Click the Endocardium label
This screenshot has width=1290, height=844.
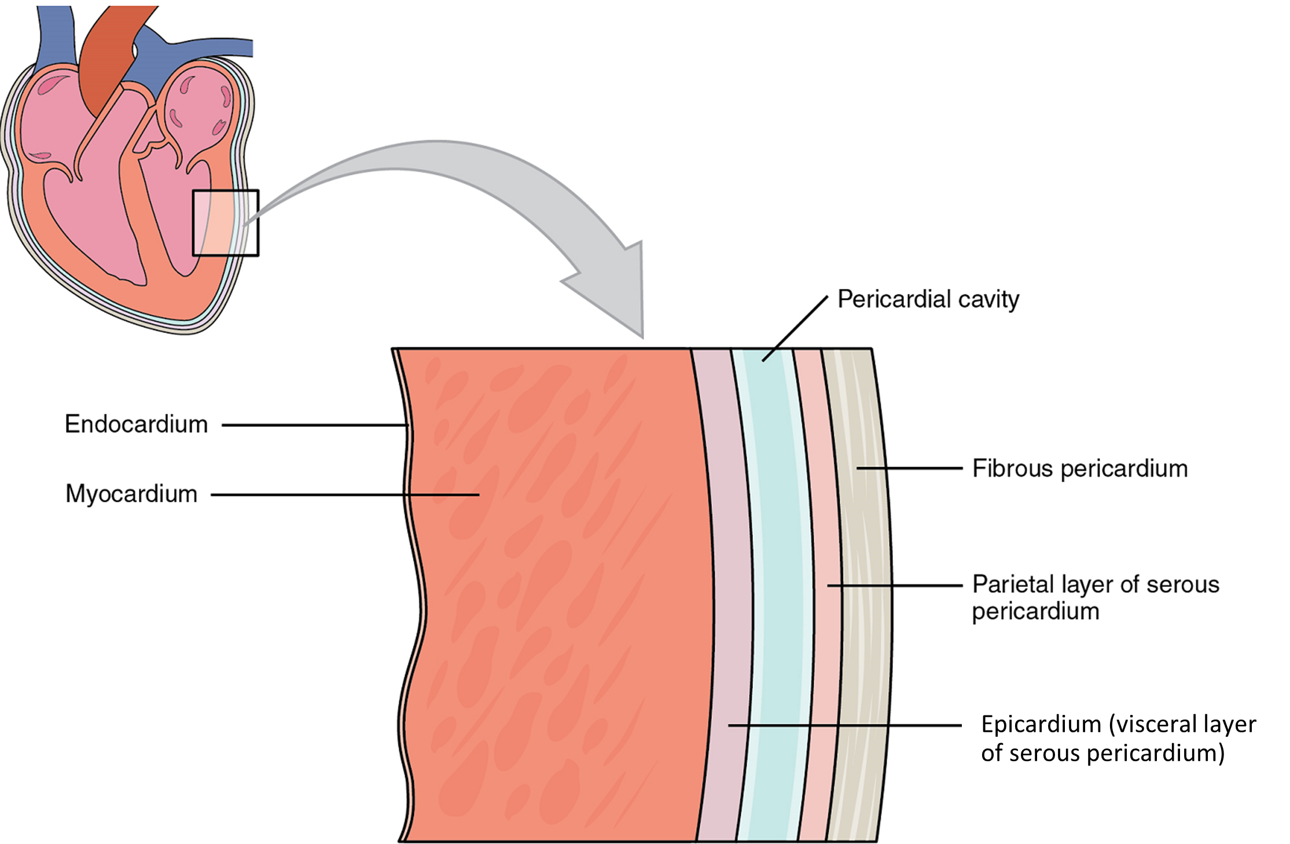(x=136, y=424)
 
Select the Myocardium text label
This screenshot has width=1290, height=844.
(x=131, y=494)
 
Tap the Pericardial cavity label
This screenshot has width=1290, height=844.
(x=928, y=299)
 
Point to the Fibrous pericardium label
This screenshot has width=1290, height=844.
(x=1079, y=468)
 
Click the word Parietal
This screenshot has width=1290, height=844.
(x=1013, y=585)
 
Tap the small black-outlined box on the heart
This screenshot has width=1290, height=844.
(x=226, y=223)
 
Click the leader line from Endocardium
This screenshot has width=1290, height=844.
(x=313, y=425)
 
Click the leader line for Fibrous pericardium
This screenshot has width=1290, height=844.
(x=909, y=468)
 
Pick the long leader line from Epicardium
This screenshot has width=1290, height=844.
(x=845, y=725)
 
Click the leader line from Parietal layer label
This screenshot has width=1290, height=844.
(x=894, y=585)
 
